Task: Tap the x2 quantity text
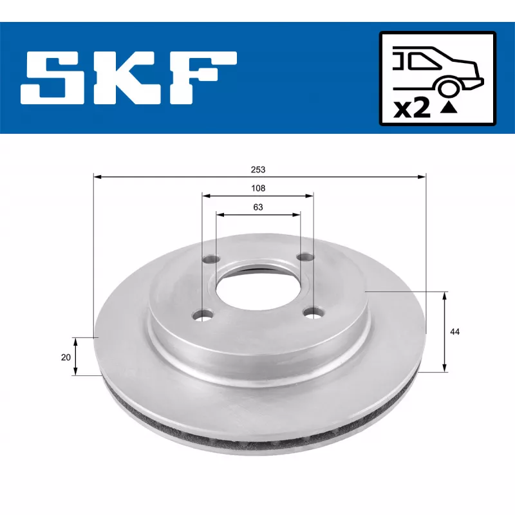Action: click(412, 109)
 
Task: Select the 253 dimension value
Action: click(259, 170)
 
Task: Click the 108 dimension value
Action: click(258, 189)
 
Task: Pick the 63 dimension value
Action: click(258, 207)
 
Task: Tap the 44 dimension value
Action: click(455, 332)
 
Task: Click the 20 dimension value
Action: click(65, 357)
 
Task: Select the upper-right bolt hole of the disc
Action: click(304, 257)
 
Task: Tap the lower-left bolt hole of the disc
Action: click(205, 315)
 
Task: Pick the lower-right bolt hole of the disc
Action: click(314, 314)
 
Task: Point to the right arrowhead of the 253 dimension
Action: click(422, 176)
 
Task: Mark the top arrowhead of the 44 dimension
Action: click(445, 295)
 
